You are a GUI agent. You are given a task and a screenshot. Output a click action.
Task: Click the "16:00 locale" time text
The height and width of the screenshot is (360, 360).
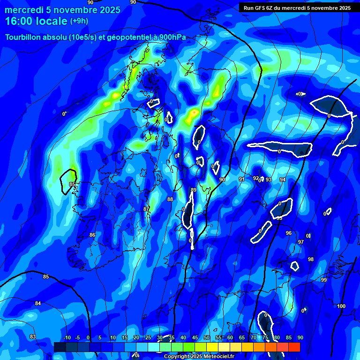pos(36,21)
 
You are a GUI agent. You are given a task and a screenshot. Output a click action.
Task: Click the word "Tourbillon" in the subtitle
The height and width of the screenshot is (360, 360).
pos(23,37)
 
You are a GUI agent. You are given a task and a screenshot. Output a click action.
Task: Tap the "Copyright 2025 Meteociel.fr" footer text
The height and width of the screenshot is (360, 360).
pos(199,357)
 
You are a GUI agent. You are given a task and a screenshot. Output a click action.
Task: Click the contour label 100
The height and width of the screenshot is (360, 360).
pos(341,306)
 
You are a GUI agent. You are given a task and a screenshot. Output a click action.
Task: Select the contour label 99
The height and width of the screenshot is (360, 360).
pos(324,280)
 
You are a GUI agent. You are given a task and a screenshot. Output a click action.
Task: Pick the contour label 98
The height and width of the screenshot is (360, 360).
pos(311,259)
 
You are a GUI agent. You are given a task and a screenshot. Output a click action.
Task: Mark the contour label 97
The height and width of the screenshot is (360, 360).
pos(301,242)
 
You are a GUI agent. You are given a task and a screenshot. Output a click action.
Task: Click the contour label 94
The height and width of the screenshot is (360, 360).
pos(283,180)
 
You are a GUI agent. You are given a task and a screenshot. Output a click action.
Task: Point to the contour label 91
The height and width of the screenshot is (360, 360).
pos(242,179)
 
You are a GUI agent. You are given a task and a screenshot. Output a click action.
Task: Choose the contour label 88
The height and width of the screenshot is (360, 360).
pos(170,199)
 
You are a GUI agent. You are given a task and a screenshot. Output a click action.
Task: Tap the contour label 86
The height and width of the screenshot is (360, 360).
pos(92,235)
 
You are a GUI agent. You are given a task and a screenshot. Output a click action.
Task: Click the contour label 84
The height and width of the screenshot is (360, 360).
pos(38,303)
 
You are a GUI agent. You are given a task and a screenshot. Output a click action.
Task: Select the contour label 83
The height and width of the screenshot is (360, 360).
pos(33,337)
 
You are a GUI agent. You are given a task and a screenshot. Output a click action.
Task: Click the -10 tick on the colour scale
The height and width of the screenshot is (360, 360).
pos(67,338)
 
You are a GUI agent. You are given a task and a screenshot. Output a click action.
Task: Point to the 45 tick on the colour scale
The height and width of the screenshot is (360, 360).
pos(195,338)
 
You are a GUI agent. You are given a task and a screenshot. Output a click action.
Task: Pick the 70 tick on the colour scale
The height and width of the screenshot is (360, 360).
pos(254,338)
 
